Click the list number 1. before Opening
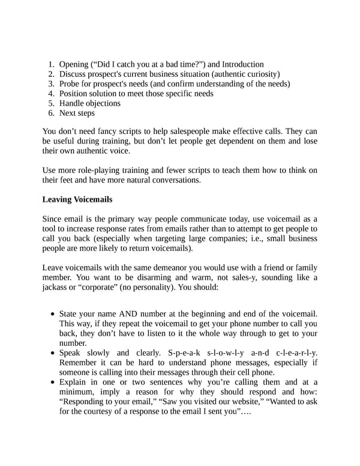(52, 64)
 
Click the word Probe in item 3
(71, 83)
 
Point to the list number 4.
(52, 93)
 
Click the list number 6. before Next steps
(52, 113)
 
